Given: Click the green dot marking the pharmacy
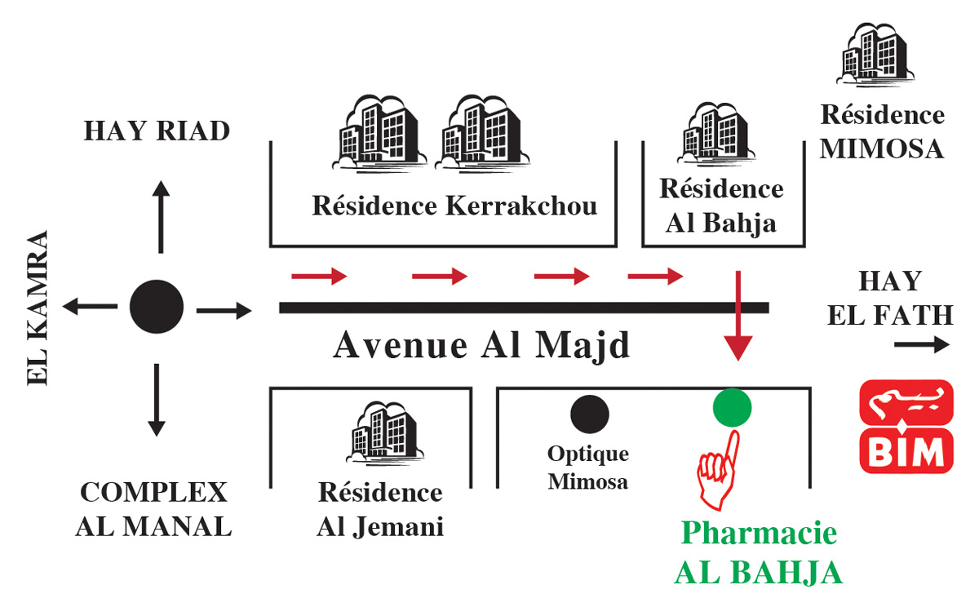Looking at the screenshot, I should pyautogui.click(x=732, y=407).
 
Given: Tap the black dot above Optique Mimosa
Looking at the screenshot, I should pyautogui.click(x=589, y=413).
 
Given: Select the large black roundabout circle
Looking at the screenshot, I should pyautogui.click(x=157, y=307).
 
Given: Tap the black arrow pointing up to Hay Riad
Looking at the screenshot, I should pyautogui.click(x=161, y=217).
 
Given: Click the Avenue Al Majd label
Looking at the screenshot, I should pyautogui.click(x=482, y=346).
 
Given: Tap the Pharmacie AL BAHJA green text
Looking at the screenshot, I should pyautogui.click(x=759, y=553).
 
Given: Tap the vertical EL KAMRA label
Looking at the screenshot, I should pyautogui.click(x=38, y=308).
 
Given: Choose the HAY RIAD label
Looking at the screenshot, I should pyautogui.click(x=157, y=131).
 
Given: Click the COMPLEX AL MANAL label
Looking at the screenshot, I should pyautogui.click(x=153, y=510).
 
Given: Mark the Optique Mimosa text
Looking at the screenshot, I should pyautogui.click(x=588, y=468).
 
